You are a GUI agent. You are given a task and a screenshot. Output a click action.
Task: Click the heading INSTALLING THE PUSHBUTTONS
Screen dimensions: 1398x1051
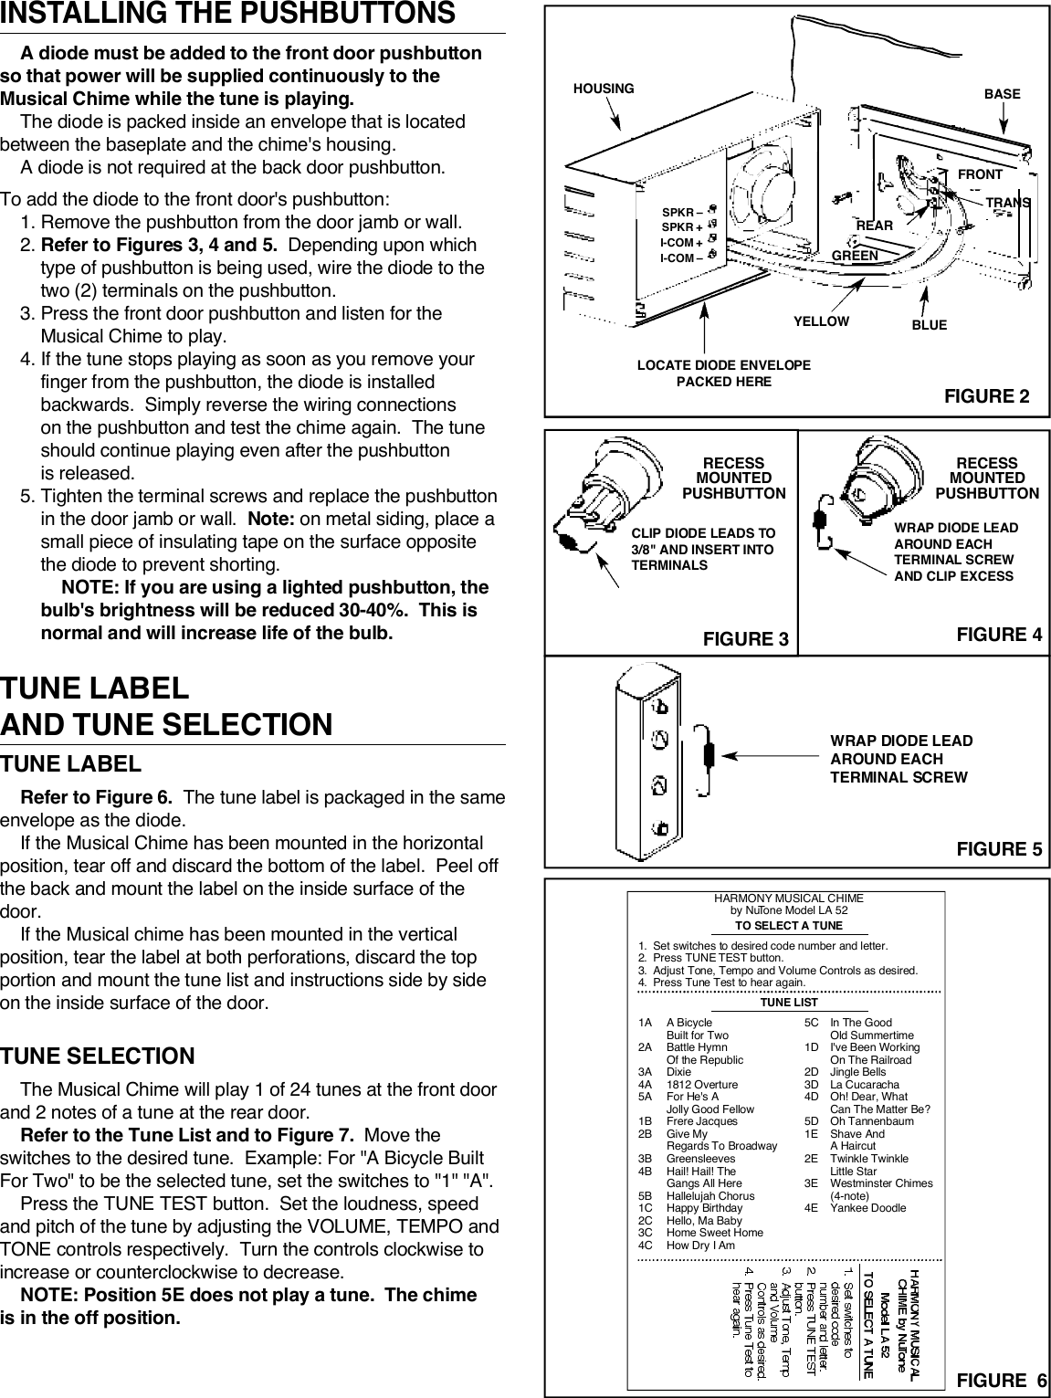[227, 15]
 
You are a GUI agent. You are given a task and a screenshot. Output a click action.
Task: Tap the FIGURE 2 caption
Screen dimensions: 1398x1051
[986, 396]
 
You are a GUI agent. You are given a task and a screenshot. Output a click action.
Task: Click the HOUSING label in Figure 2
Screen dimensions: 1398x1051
[603, 89]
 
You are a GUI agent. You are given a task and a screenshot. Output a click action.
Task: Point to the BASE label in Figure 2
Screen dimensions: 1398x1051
[1002, 94]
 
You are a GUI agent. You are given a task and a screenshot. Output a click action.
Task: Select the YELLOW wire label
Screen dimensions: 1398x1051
[821, 321]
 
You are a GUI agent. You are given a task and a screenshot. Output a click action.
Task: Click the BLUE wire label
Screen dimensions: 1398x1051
[929, 325]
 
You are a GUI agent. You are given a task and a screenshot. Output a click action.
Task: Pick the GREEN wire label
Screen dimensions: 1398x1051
[855, 256]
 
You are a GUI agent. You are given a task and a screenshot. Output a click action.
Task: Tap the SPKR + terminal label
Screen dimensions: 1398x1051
[681, 227]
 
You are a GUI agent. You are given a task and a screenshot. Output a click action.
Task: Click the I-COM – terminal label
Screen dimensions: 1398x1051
[681, 258]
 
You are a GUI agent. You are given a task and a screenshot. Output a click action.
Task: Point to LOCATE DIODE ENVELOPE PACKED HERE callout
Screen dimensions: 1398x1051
[723, 373]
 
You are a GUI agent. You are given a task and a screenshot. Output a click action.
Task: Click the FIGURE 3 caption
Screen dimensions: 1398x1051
[745, 638]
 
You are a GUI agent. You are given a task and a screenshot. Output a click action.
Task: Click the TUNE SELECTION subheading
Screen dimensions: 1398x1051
[98, 1056]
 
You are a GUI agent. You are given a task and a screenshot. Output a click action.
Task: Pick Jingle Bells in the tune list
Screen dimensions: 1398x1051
[857, 1072]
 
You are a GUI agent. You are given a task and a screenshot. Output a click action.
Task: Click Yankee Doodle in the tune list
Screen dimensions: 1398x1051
[867, 1208]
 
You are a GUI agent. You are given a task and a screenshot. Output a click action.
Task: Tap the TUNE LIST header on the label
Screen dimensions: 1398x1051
[788, 1003]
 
